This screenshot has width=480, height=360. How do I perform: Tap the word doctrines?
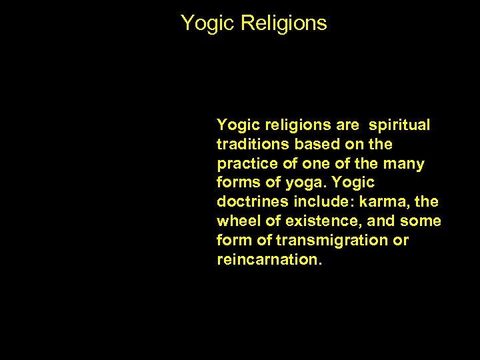(x=249, y=202)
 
